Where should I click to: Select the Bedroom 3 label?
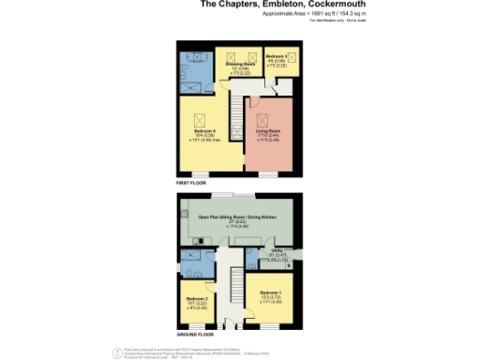click(x=280, y=57)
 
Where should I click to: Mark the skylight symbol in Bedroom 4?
click(x=199, y=119)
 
